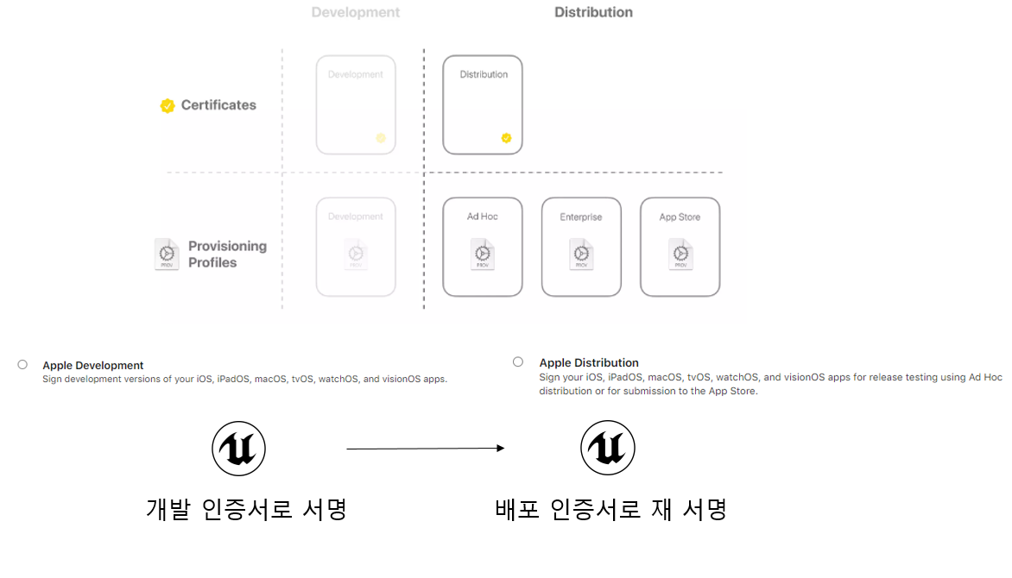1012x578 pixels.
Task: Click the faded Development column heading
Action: coord(356,13)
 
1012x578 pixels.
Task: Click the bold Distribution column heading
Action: coord(593,12)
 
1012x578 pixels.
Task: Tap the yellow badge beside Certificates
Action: coord(168,105)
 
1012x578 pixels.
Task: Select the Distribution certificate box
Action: coord(483,104)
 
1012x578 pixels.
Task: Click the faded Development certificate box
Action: coord(356,104)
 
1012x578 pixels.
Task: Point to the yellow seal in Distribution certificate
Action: coord(507,137)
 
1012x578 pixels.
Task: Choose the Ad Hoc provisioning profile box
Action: coord(483,248)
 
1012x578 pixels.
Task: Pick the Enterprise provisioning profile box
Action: coord(581,248)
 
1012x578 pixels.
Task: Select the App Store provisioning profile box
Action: coord(680,248)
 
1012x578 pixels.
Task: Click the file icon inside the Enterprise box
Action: coord(581,254)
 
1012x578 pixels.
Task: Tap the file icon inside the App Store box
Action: coord(680,254)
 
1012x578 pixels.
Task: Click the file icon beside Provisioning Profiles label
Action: coord(167,254)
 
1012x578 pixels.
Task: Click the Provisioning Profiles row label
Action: coord(227,254)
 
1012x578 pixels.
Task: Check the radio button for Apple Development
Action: coord(22,365)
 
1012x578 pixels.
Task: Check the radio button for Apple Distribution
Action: coord(518,362)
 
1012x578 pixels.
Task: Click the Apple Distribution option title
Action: coord(589,363)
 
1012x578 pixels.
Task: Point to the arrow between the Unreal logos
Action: coord(425,449)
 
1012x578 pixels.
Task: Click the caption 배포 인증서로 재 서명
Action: coord(610,509)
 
